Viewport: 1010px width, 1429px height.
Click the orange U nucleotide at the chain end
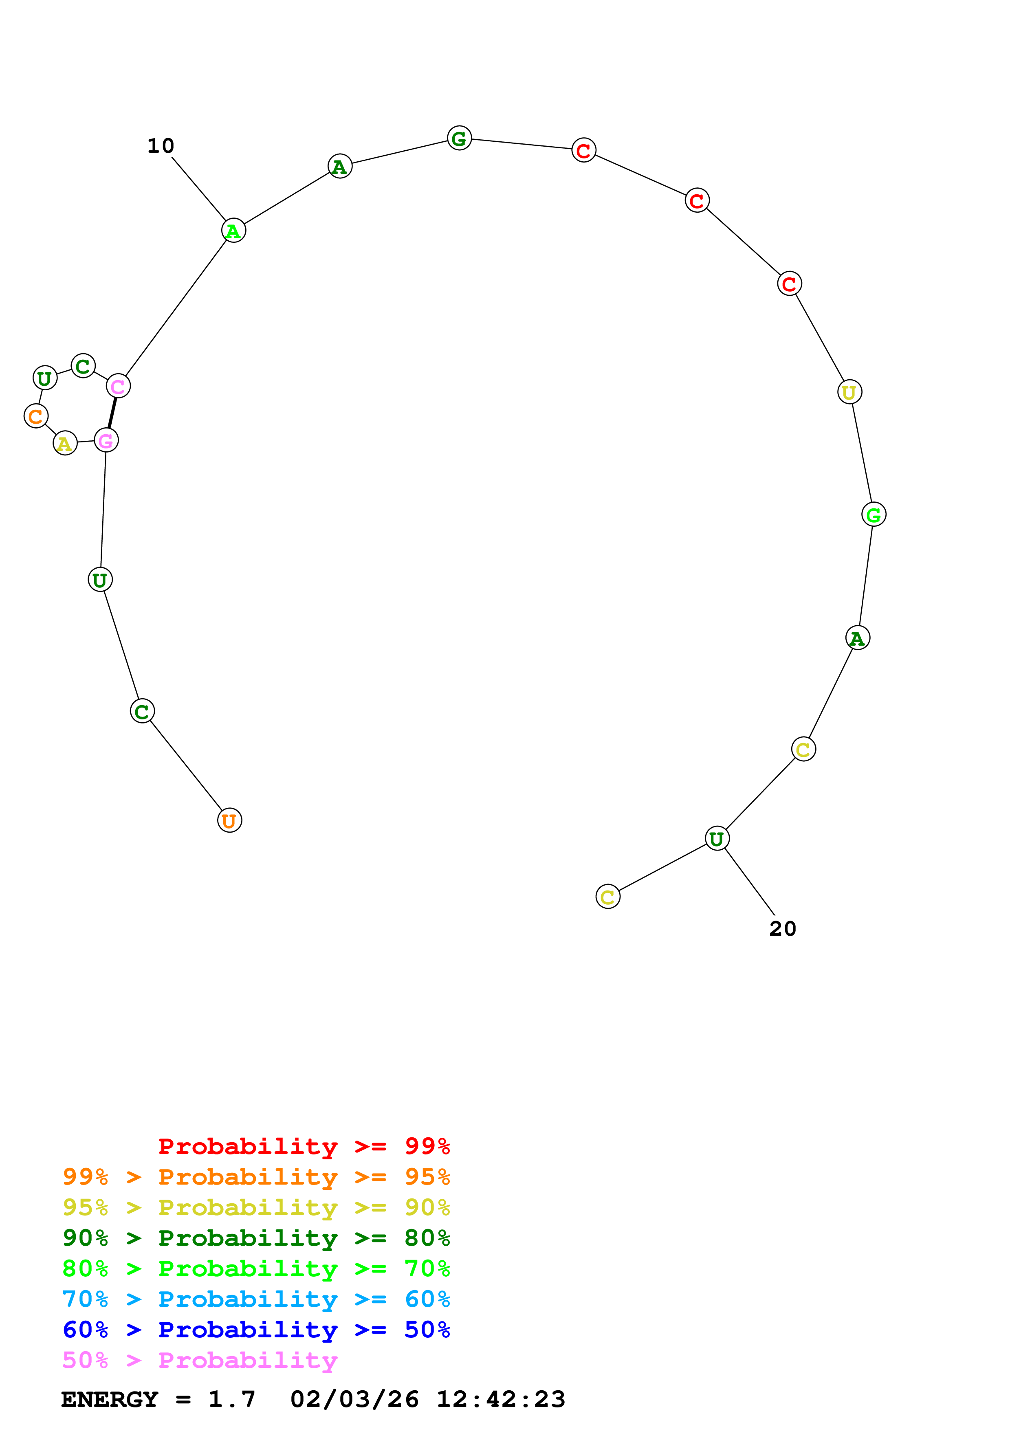tap(230, 820)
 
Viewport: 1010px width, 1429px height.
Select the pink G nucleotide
tap(106, 441)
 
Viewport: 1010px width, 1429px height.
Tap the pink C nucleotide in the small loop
tap(118, 387)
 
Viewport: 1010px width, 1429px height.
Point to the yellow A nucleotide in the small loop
tap(65, 443)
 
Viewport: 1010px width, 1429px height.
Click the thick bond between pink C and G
tap(112, 413)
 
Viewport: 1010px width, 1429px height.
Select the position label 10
tap(161, 146)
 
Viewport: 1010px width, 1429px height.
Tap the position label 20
tap(782, 929)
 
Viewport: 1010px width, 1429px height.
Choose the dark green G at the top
tap(459, 138)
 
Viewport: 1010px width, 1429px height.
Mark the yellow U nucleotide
tap(849, 392)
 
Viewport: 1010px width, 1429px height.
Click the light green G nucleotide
tap(874, 515)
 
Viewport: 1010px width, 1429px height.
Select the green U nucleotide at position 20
tap(717, 839)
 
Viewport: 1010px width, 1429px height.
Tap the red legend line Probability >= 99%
tap(304, 1146)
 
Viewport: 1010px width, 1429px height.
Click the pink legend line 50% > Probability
tap(200, 1361)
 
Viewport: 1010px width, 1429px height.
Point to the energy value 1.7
tap(231, 1400)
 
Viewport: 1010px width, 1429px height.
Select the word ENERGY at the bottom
tap(110, 1400)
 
